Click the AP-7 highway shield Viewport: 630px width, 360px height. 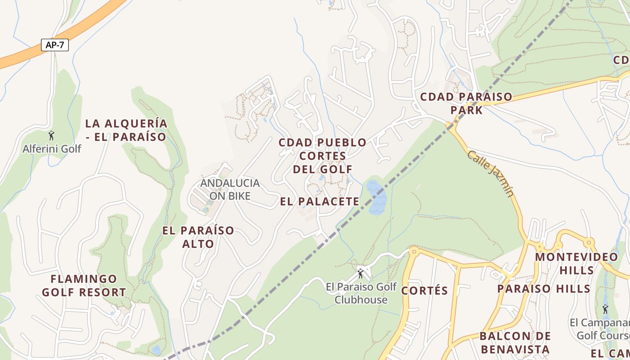[54, 45]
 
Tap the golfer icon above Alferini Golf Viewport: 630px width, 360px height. [51, 135]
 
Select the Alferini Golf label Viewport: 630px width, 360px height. [52, 148]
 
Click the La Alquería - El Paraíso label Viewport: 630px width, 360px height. [126, 130]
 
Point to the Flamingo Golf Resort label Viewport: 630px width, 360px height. [84, 286]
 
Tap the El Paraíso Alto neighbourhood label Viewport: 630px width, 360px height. [198, 237]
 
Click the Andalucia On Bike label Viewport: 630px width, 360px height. [230, 189]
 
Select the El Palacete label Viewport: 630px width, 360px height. [319, 202]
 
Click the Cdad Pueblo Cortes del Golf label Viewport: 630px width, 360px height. [322, 156]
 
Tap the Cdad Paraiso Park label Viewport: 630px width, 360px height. [466, 103]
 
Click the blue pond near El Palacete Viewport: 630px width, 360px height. [376, 197]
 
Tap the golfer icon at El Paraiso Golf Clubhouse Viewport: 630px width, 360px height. [360, 273]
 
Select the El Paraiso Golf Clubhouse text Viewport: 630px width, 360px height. [361, 293]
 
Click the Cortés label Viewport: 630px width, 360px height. [424, 291]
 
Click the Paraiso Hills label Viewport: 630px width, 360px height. [544, 289]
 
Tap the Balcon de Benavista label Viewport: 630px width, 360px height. [515, 342]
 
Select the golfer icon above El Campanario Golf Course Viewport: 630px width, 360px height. [605, 309]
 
